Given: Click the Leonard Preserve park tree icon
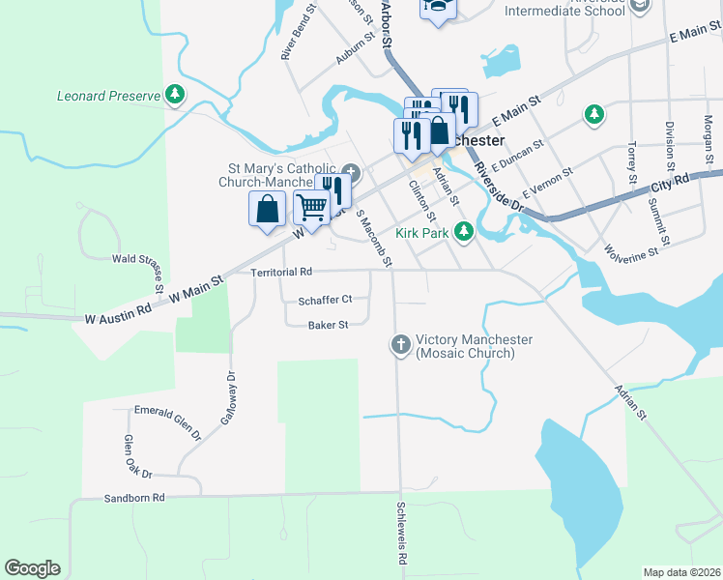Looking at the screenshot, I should click(x=175, y=95).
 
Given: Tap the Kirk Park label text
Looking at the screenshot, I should click(x=423, y=232).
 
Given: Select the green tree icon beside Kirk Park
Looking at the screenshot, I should click(x=464, y=231).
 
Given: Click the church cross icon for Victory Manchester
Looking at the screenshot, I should click(x=400, y=344).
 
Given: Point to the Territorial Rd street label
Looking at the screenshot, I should click(x=282, y=273).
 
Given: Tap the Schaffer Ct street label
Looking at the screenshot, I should click(x=326, y=300).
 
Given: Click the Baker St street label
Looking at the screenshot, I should click(x=328, y=326).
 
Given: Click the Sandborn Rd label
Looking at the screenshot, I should click(x=134, y=498).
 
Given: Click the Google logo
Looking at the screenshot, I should click(x=33, y=568).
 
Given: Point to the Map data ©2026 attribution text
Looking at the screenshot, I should click(x=681, y=572).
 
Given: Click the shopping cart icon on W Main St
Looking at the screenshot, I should click(x=311, y=206).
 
